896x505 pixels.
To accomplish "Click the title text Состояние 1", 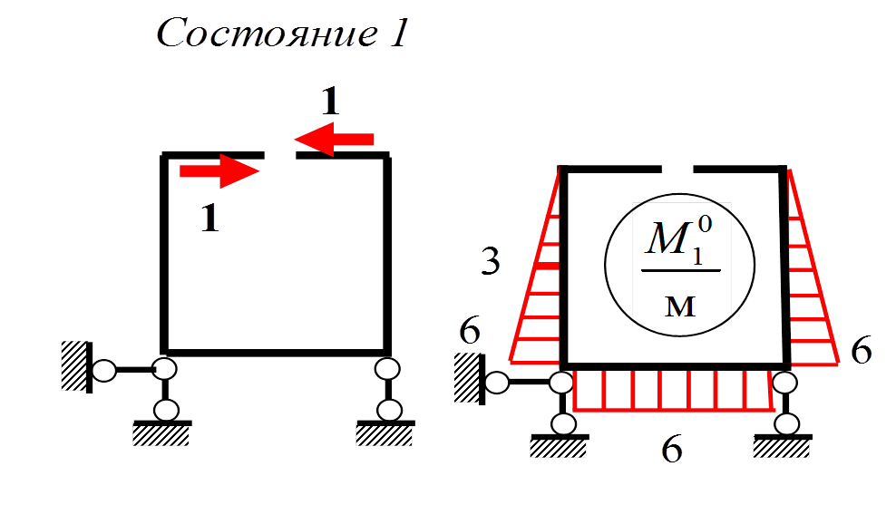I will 284,34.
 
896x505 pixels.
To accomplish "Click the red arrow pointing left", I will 333,139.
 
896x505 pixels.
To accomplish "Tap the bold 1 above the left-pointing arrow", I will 330,102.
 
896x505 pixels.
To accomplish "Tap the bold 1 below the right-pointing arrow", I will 209,219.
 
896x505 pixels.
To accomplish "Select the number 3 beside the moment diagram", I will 490,263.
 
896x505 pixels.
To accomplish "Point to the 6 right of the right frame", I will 861,350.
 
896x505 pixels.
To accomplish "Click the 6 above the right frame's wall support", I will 470,333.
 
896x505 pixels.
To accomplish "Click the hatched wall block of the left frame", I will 75,365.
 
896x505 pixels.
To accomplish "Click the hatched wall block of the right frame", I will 468,380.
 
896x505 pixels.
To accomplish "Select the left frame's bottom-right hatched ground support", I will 386,436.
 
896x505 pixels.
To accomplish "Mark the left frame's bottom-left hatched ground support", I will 162,436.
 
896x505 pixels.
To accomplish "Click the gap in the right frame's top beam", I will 677,169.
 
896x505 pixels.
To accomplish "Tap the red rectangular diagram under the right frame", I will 673,391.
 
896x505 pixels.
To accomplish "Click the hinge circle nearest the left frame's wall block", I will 104,371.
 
